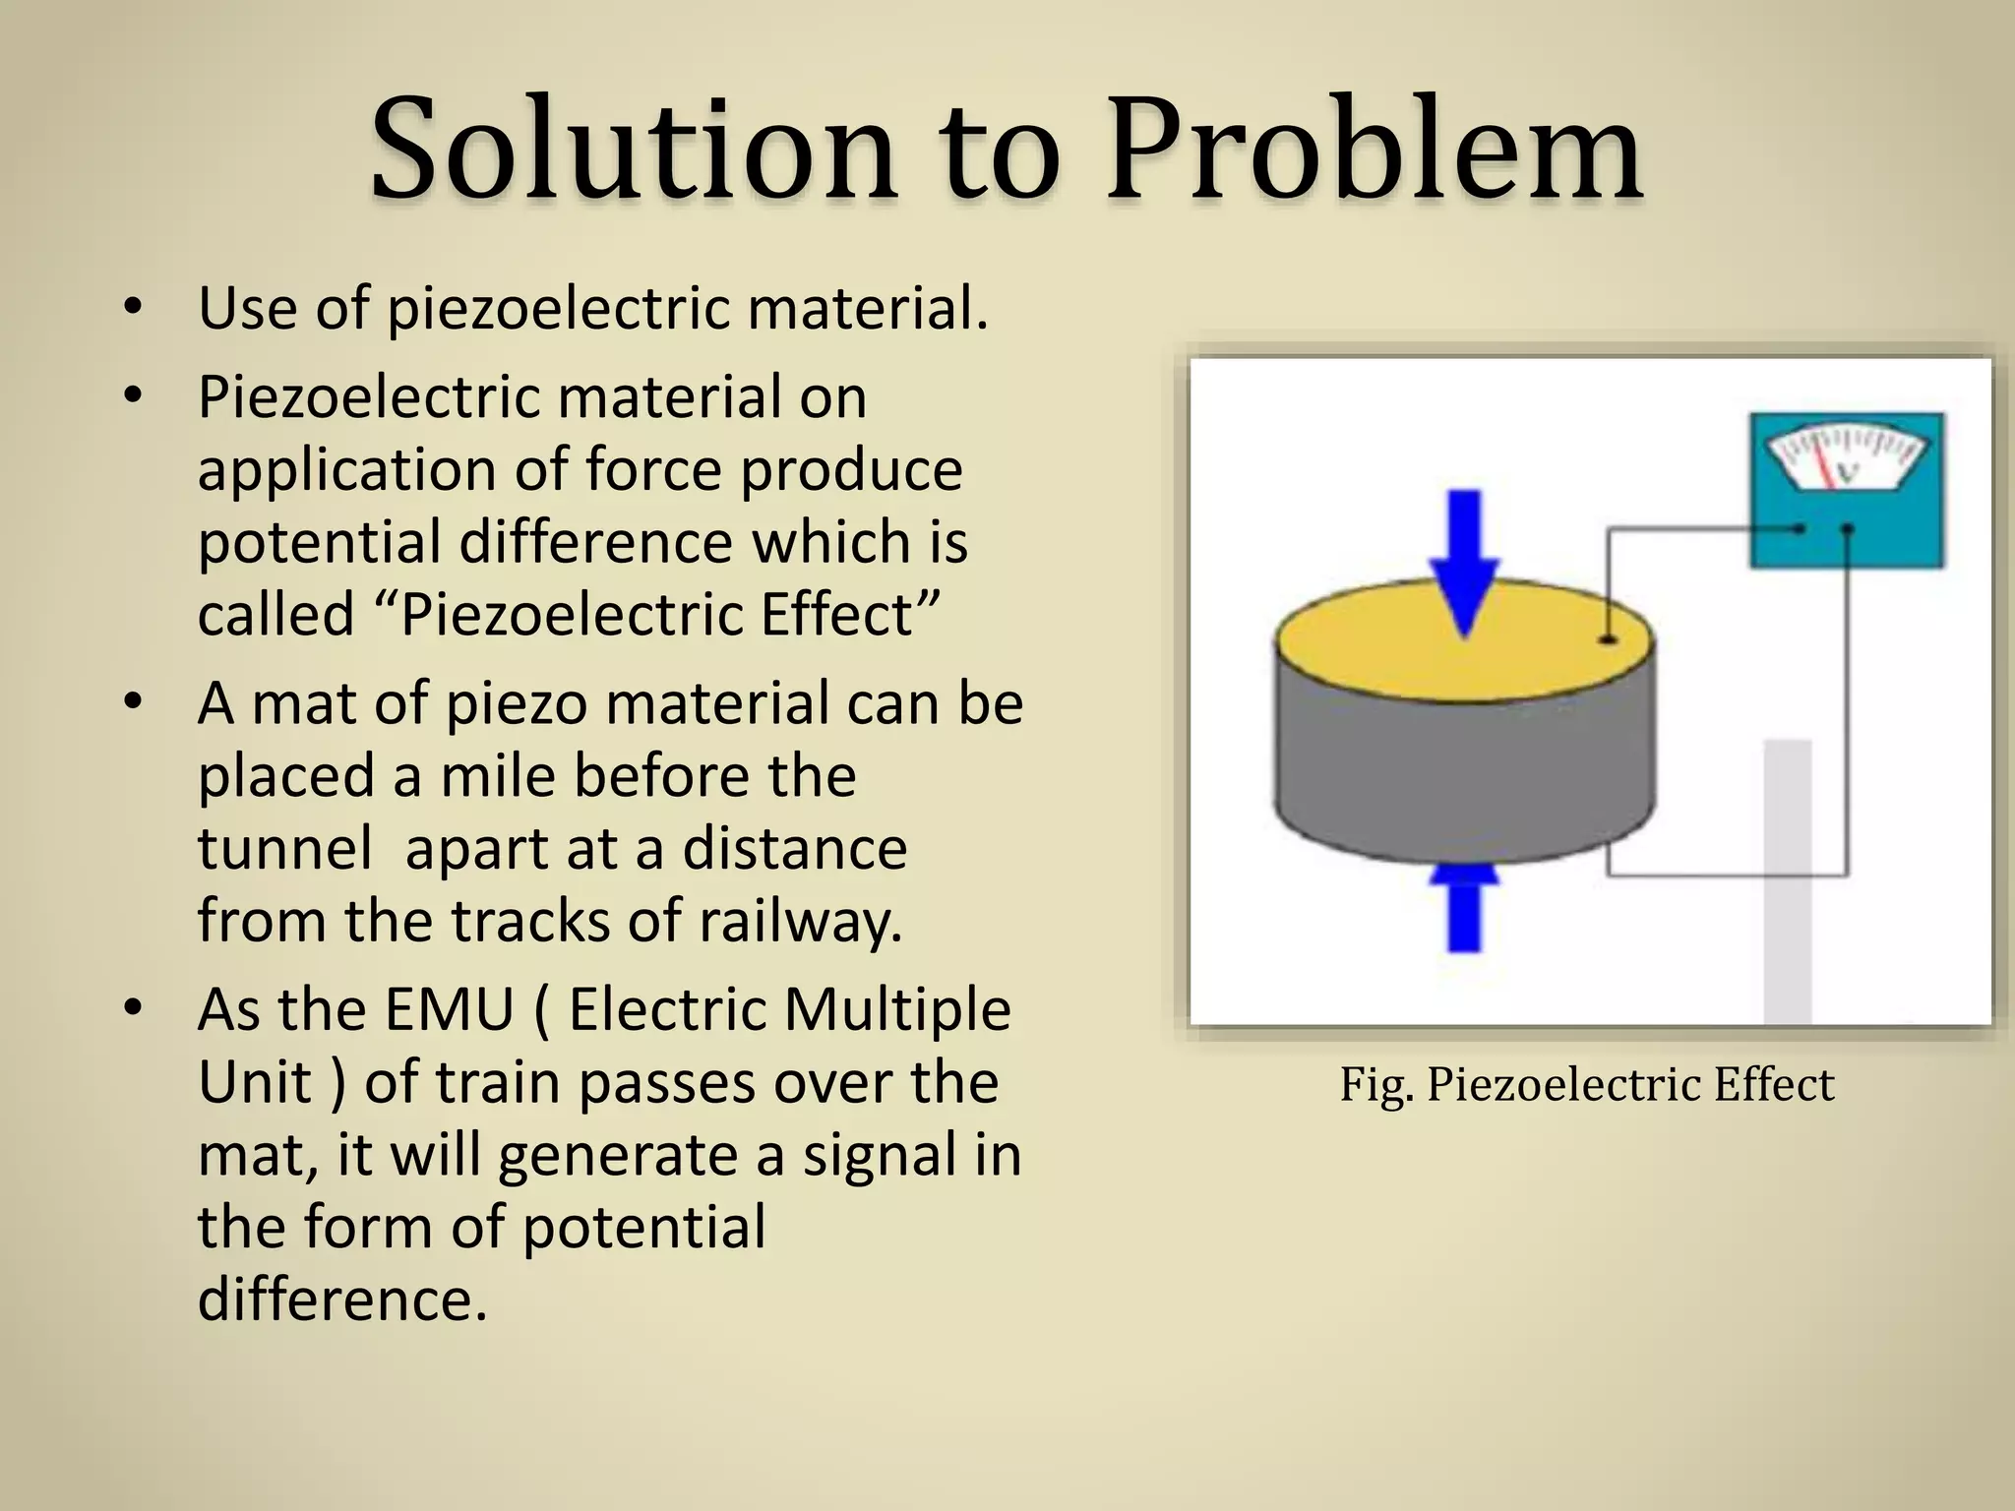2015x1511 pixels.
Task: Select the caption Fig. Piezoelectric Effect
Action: [x=1586, y=1085]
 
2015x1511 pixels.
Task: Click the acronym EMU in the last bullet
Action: [x=450, y=1010]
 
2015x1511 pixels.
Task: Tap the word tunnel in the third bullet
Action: [x=284, y=848]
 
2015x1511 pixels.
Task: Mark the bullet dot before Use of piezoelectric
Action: [x=133, y=309]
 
